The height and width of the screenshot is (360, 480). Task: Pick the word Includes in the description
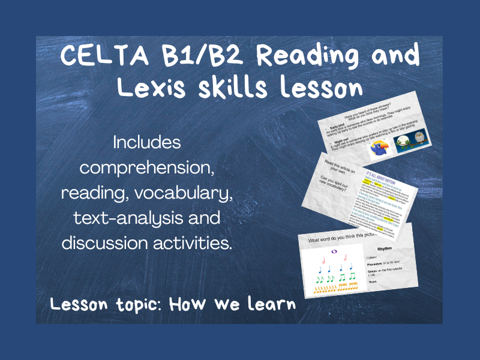tap(146, 143)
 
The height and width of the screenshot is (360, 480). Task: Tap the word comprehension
tap(146, 168)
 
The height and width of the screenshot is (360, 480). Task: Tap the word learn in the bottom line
tap(269, 304)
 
